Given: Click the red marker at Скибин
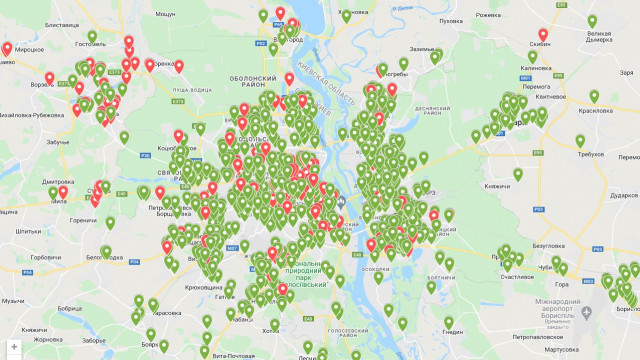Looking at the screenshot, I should click(x=543, y=35).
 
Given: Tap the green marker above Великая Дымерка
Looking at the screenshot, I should click(x=592, y=21).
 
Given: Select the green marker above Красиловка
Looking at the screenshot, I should click(x=594, y=97).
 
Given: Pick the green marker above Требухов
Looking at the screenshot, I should click(x=581, y=141).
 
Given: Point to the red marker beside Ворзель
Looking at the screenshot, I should click(x=49, y=79).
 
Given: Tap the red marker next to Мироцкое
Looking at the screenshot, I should click(x=7, y=48).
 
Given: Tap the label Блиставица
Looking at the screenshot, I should click(x=62, y=23).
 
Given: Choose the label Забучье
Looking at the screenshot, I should click(x=58, y=143).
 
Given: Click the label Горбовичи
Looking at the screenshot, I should click(x=46, y=257).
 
